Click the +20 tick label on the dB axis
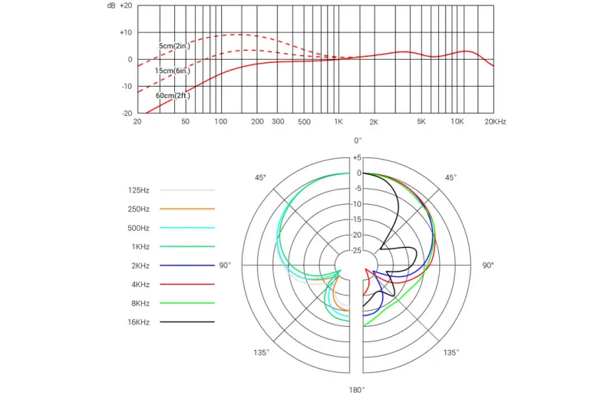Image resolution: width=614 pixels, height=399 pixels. click(x=126, y=6)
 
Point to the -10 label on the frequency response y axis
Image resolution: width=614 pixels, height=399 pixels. click(x=127, y=86)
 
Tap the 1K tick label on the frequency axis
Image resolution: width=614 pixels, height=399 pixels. click(x=338, y=122)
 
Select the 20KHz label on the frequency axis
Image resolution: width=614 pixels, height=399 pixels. click(x=495, y=122)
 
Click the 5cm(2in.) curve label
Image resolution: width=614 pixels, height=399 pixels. click(x=174, y=46)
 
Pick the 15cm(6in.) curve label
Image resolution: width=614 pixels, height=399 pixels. click(x=172, y=71)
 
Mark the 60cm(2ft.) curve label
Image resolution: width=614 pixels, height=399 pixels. click(x=173, y=96)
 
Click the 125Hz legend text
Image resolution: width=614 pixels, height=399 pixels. click(x=139, y=190)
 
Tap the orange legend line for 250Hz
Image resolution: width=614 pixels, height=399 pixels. click(x=187, y=209)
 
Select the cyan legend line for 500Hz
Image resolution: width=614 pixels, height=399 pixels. click(x=187, y=227)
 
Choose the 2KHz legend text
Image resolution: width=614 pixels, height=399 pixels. click(x=140, y=265)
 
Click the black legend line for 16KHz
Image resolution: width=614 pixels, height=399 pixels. click(x=187, y=322)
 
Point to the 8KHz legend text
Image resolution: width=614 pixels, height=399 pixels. click(x=140, y=303)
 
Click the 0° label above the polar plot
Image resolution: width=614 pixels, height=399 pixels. click(x=358, y=140)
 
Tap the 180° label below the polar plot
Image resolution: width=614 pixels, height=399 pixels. click(x=357, y=390)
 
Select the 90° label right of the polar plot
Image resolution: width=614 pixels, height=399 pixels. click(x=488, y=265)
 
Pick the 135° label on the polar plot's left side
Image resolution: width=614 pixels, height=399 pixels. click(x=261, y=352)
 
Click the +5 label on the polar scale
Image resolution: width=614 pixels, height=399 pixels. click(x=357, y=158)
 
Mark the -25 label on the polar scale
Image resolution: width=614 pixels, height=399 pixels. click(x=355, y=251)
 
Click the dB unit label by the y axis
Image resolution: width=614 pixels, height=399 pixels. click(x=111, y=6)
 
